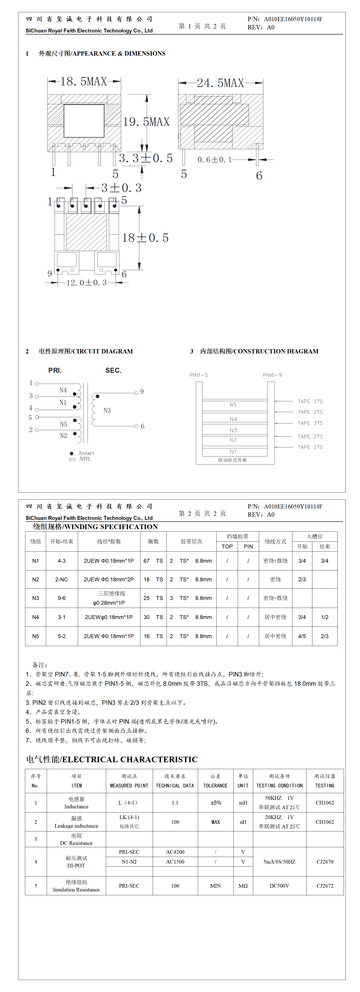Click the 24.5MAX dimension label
220,83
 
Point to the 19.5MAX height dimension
146,122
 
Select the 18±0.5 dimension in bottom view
145,238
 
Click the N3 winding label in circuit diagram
107,410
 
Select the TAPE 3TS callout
310,423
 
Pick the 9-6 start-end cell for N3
62,598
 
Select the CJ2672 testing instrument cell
325,886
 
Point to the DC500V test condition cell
279,886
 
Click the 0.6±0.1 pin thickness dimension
214,159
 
